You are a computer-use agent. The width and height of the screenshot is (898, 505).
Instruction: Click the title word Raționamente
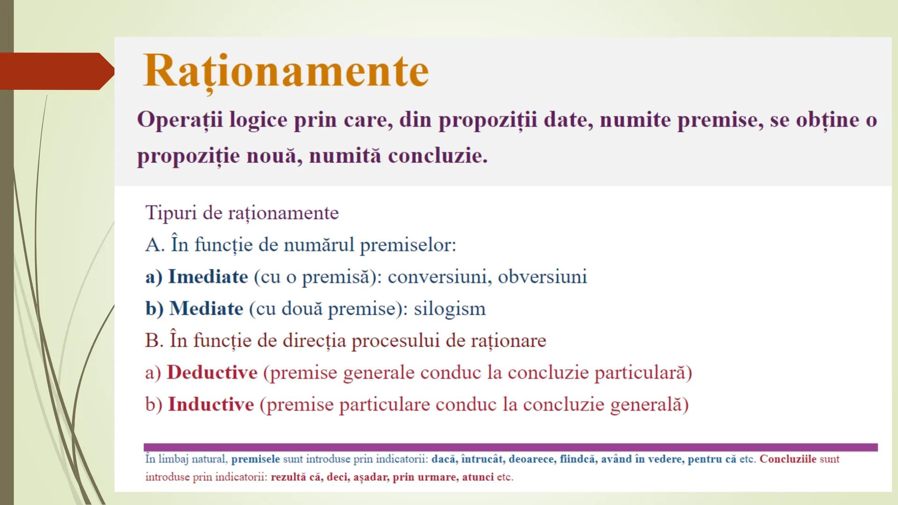coord(286,71)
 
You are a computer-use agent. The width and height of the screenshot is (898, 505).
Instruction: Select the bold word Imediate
coord(208,277)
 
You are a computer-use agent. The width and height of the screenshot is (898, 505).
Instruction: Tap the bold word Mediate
coord(206,309)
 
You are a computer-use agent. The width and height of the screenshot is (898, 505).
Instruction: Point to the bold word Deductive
coord(212,373)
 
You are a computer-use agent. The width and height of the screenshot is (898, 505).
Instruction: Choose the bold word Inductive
coord(211,404)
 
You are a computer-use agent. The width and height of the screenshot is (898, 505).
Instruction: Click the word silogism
coord(450,309)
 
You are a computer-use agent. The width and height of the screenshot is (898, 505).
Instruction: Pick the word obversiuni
coord(542,277)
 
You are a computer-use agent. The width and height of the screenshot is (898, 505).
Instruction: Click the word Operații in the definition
coord(180,120)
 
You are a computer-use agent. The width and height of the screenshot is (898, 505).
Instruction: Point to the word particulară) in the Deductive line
coord(643,373)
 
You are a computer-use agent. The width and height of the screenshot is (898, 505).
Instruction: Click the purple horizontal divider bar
coord(510,447)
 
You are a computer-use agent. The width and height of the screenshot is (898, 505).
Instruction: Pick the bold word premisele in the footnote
coord(255,459)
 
